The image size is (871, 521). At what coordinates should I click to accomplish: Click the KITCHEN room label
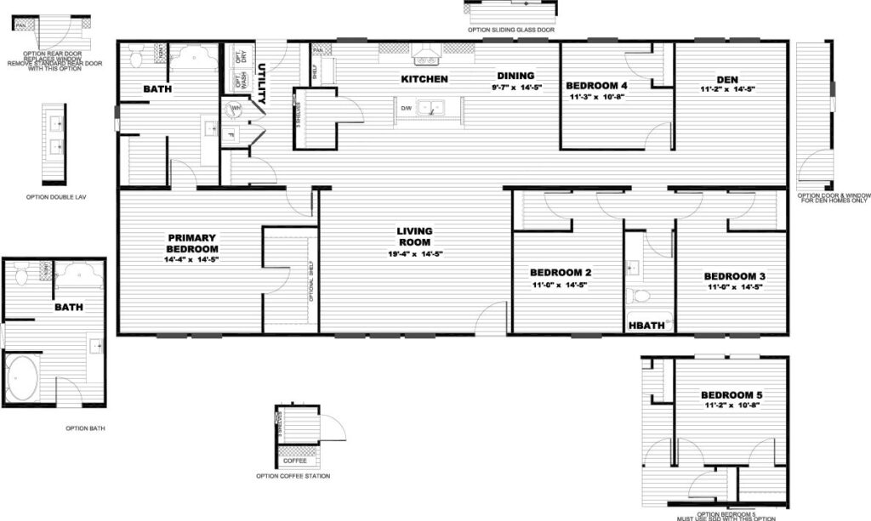[424, 79]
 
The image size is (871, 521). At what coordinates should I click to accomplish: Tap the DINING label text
[515, 76]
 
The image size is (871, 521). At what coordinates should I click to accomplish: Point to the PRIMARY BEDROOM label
[192, 242]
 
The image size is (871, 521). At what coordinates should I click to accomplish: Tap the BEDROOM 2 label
[560, 273]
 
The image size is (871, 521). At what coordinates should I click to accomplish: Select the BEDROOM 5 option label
[732, 395]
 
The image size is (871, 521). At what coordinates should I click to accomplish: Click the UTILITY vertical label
[263, 83]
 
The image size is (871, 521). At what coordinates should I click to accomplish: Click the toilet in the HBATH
[638, 296]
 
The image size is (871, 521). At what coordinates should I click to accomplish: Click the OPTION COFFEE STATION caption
[293, 476]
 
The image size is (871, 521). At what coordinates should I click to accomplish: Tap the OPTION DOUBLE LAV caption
[55, 196]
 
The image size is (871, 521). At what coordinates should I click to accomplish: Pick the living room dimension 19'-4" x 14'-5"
[415, 253]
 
